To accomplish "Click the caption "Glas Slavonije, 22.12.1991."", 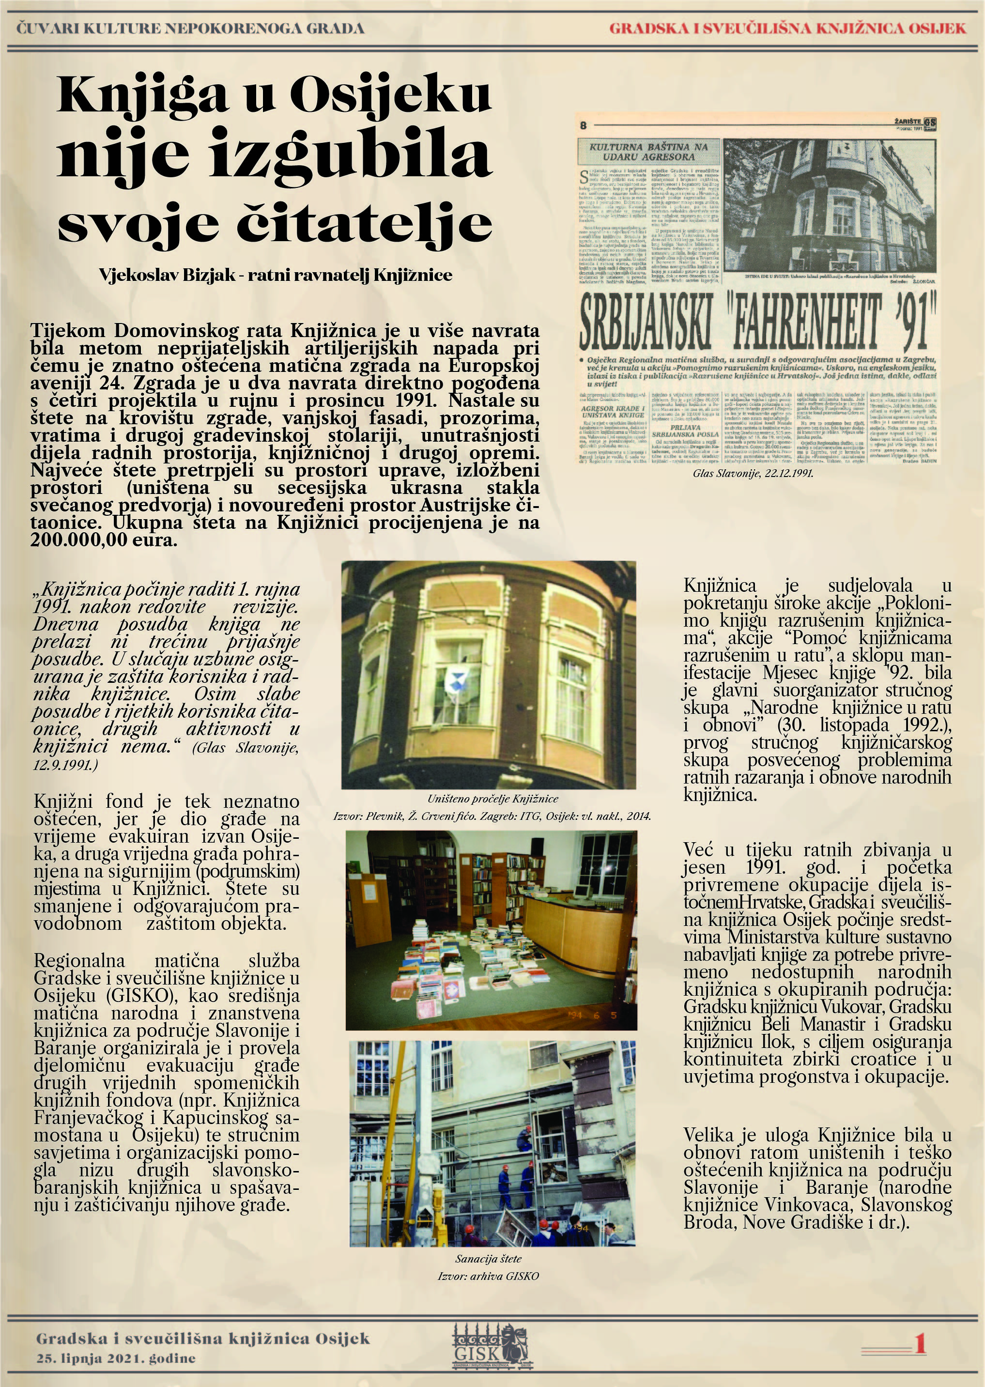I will click(x=753, y=473).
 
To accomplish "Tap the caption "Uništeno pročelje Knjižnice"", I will click(x=492, y=799).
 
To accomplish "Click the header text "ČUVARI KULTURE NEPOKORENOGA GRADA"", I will click(x=190, y=29).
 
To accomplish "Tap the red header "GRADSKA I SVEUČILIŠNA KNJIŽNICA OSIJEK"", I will click(x=787, y=29).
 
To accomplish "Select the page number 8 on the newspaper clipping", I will click(x=584, y=126).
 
